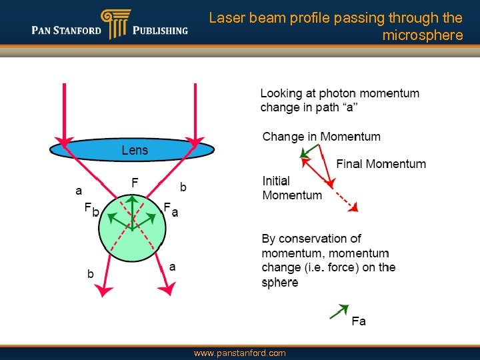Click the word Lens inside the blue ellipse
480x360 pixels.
(x=135, y=150)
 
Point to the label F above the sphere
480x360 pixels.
(x=135, y=182)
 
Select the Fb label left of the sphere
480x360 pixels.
(x=91, y=209)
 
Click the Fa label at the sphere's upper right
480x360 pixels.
(x=171, y=209)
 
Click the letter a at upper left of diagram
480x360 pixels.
(x=79, y=190)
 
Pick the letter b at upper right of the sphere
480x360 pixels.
(x=183, y=187)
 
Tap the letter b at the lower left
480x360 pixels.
(x=91, y=273)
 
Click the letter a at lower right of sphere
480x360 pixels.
(x=173, y=266)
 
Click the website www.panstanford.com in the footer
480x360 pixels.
(x=239, y=353)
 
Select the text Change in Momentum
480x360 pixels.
(x=321, y=137)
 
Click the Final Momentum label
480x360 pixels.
(x=381, y=163)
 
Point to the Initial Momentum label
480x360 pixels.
(x=291, y=188)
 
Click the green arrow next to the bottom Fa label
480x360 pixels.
(x=339, y=311)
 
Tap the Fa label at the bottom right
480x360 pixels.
(x=359, y=321)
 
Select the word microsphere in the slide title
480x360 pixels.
(x=422, y=35)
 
